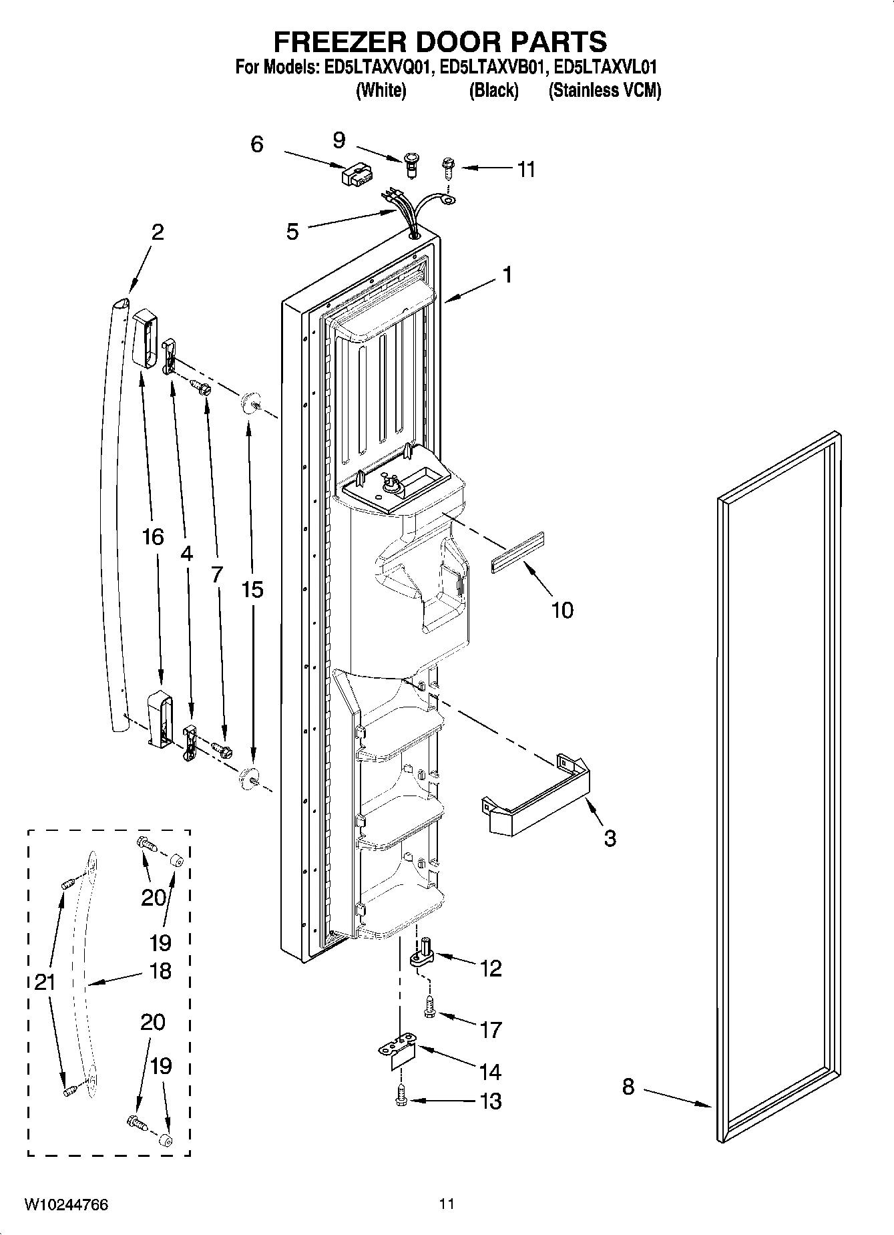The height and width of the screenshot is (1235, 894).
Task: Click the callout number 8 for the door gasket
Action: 628,1087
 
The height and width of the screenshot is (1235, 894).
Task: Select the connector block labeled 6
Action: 355,176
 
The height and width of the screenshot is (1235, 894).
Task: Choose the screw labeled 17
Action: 429,1006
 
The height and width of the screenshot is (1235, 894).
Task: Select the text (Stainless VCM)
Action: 604,91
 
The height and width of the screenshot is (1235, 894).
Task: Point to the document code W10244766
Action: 66,1205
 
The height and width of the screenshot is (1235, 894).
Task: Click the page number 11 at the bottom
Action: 447,1204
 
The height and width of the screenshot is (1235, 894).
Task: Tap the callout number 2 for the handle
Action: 157,233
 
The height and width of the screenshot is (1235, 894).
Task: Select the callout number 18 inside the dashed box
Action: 160,971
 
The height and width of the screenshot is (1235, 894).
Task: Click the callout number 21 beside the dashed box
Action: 45,983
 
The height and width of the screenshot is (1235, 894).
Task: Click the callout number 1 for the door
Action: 507,275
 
